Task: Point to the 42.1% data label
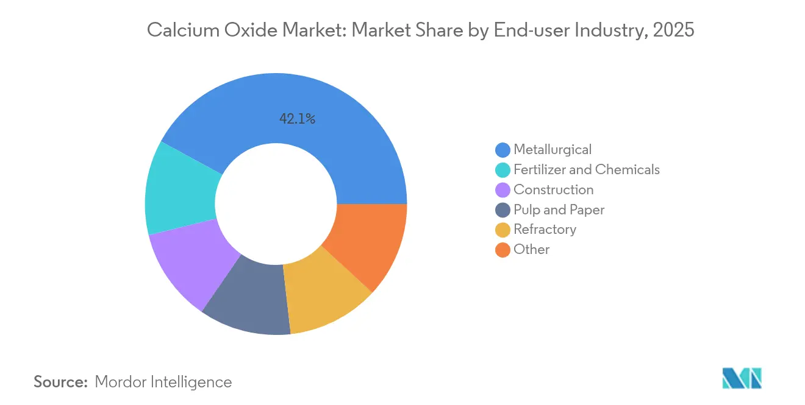point(297,119)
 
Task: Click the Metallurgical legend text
point(553,149)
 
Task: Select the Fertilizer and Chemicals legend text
point(587,169)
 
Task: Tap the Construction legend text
point(553,189)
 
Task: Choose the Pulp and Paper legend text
point(559,210)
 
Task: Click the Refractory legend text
point(545,229)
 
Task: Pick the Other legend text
point(531,249)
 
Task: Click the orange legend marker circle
point(503,250)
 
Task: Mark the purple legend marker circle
point(503,189)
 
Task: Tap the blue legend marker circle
point(503,149)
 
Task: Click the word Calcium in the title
point(179,29)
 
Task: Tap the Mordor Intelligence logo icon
point(742,378)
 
